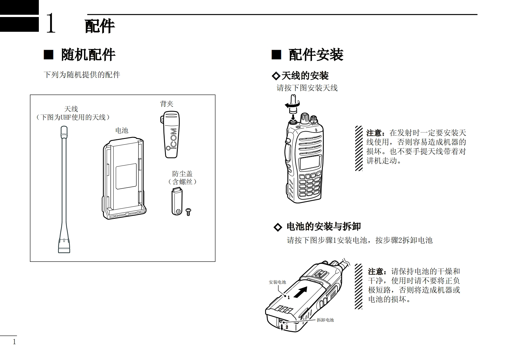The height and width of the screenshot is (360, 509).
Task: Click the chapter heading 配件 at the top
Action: (x=99, y=26)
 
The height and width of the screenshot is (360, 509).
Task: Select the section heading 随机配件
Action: (x=88, y=55)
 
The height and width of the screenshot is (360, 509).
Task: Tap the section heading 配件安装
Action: (x=316, y=55)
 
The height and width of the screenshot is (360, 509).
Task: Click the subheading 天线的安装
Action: (x=305, y=76)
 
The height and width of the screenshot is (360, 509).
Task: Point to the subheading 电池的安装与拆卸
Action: (x=323, y=227)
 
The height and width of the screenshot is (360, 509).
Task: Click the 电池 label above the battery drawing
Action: (x=122, y=130)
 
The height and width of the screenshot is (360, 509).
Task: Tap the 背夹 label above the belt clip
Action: (x=167, y=104)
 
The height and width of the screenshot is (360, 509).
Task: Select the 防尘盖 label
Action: (x=182, y=174)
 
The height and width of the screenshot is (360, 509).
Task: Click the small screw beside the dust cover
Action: (x=188, y=211)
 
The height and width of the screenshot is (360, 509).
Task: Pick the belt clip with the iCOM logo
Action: (x=170, y=135)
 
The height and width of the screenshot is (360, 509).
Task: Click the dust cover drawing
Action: (x=176, y=201)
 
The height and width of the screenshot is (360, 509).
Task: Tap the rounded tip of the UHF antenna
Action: (x=64, y=130)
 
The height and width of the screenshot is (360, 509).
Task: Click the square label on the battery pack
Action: (x=126, y=176)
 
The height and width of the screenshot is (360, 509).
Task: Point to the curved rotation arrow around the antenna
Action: (x=293, y=104)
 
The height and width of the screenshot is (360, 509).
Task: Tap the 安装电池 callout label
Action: (x=277, y=282)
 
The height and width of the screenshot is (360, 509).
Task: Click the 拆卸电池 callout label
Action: (x=325, y=320)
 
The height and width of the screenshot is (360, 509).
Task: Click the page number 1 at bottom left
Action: (x=14, y=342)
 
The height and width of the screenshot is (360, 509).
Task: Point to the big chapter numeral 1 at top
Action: (x=51, y=23)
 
